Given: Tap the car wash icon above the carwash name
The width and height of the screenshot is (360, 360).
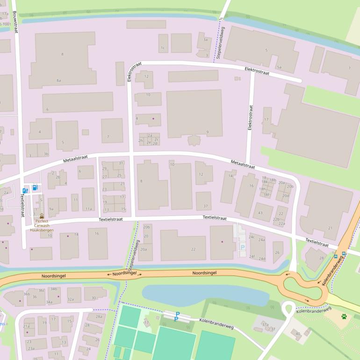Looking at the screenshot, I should [42, 216].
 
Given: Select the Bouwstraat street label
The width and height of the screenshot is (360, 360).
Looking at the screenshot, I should [14, 22].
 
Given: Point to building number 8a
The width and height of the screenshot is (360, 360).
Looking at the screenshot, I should [59, 80].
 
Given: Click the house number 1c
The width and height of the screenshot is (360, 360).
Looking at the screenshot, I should [163, 48].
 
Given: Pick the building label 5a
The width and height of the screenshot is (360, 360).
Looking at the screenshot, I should [279, 67].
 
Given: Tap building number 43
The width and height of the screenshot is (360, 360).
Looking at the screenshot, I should [260, 213].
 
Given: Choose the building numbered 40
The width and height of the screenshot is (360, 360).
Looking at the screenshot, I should [298, 333].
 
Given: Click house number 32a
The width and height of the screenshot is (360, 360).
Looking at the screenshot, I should [71, 299].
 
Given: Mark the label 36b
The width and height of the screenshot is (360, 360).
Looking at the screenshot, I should [27, 294].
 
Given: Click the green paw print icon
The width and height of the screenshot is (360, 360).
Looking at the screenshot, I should [344, 317].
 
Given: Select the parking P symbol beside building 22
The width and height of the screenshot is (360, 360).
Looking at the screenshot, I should [242, 246].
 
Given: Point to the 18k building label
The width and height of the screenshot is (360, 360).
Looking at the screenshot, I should [265, 182].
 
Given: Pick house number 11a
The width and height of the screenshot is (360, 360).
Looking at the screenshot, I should [88, 209].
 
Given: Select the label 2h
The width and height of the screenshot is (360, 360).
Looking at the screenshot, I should [141, 140].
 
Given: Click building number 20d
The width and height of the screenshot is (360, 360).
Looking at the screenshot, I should [286, 195].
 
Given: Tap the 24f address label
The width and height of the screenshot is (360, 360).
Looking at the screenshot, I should [252, 256].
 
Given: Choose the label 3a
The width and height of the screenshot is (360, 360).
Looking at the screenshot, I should [206, 40].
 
